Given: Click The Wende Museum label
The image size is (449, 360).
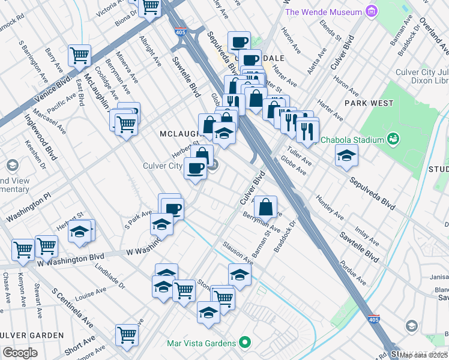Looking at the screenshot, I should point(324,12).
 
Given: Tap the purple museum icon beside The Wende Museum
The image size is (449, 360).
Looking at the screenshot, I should point(373,11).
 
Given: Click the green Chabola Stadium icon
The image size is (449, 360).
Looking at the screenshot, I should point(394,139).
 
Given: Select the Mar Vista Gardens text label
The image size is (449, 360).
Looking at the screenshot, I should point(201,343).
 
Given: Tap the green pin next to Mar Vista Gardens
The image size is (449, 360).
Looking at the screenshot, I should point(244,343).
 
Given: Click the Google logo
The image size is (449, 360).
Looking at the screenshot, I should point(20,353).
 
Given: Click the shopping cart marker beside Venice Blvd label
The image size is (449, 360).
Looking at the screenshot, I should point(80,56).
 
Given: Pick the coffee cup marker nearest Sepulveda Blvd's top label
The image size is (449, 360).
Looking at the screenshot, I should point(240,42).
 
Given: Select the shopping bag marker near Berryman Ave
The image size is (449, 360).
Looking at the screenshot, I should point(265,207).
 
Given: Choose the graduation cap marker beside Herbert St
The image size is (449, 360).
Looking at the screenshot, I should point(79,230).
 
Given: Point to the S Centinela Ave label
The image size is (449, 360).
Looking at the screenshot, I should point(71,308).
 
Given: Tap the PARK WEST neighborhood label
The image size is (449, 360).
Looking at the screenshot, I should point(369,103).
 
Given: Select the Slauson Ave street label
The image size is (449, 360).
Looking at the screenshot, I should point(238,253).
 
